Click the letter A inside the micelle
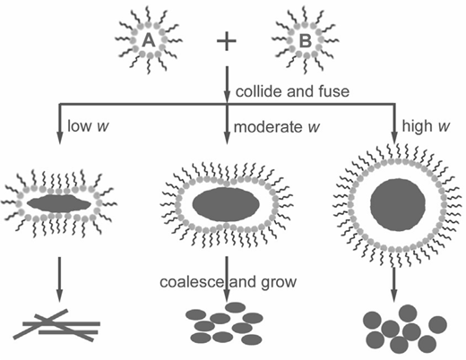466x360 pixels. click(149, 40)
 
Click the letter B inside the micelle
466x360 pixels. click(306, 41)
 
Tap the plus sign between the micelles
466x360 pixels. click(227, 41)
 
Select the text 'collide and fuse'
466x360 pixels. click(292, 91)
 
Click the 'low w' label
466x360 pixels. click(88, 125)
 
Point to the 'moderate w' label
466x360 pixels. click(276, 127)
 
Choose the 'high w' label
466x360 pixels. click(426, 126)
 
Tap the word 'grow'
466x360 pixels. click(279, 282)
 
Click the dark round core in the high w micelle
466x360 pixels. click(398, 205)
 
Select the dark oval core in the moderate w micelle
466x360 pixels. click(226, 204)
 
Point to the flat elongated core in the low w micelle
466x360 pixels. click(59, 204)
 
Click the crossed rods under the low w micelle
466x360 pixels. click(56, 325)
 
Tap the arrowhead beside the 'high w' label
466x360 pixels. click(394, 137)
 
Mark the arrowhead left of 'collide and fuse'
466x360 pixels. click(227, 96)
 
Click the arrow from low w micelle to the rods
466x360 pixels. click(59, 279)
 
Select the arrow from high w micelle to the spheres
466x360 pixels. click(394, 285)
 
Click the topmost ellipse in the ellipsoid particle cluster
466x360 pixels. click(236, 307)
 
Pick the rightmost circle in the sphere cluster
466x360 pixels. click(437, 325)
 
